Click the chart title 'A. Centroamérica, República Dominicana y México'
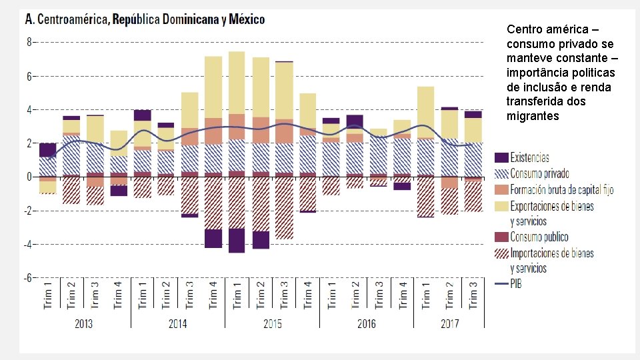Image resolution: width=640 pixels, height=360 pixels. click(145, 19)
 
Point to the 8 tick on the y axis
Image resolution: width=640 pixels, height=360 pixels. click(29, 41)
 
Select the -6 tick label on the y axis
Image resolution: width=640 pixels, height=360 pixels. click(27, 278)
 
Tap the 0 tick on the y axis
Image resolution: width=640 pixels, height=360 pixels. click(29, 177)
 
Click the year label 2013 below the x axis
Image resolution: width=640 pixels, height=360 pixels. click(83, 323)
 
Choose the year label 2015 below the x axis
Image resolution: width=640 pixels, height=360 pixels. click(272, 323)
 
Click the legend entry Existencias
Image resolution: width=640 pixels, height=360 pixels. click(529, 158)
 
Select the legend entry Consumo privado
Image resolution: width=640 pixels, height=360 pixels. click(539, 174)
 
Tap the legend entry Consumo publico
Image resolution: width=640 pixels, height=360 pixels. click(539, 237)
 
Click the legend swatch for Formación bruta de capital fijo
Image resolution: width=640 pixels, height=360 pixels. click(501, 189)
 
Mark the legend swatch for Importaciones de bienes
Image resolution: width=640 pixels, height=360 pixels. click(501, 253)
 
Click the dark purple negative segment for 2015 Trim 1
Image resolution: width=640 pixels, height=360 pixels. click(237, 241)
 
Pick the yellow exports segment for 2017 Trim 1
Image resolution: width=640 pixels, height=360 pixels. click(425, 112)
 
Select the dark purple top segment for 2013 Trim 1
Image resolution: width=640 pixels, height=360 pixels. click(48, 150)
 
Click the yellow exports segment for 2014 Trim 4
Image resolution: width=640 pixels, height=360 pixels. click(213, 87)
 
